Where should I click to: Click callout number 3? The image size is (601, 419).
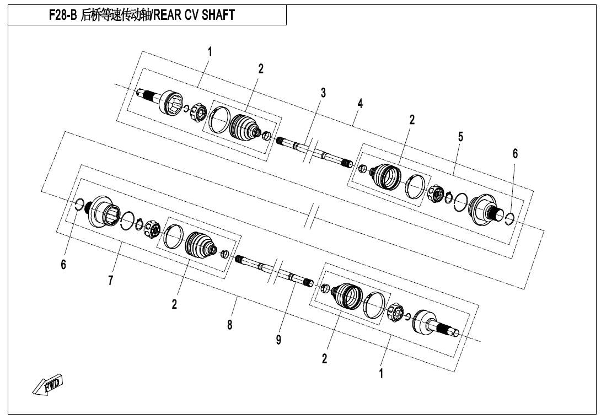coord(323,93)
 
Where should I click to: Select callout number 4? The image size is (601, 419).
coord(360,104)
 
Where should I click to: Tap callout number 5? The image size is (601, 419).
coord(460,137)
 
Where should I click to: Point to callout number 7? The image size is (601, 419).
coord(110,280)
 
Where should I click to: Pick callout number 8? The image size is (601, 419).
coord(229,325)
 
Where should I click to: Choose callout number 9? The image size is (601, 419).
coord(278,339)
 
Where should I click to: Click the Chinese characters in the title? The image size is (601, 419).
coord(116,15)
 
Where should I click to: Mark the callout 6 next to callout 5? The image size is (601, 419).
coord(515,153)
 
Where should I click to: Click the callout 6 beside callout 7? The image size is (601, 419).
coord(63,264)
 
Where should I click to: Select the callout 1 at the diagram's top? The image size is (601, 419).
coord(210,52)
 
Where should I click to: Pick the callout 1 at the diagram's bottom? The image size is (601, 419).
coord(381,373)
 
